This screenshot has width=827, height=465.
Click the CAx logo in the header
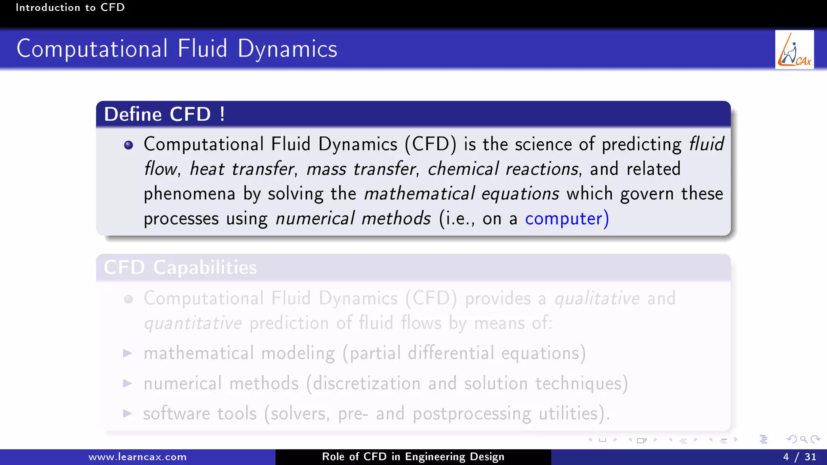point(794,50)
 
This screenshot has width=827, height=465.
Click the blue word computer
point(564,219)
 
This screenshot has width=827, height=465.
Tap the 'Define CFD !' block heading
point(164,114)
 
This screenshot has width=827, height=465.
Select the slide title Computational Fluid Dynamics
point(177,49)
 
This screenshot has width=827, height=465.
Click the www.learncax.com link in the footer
point(138,457)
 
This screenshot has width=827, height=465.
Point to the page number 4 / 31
point(800,457)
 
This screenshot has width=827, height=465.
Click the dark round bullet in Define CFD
point(128,145)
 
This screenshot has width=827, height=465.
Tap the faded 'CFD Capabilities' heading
point(180,268)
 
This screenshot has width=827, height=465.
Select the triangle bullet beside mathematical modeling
point(128,354)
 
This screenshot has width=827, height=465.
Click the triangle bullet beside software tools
point(128,413)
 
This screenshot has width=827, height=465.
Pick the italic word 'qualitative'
point(597,299)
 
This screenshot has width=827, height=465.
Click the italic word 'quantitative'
point(193,323)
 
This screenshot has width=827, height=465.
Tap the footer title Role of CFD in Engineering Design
point(413,457)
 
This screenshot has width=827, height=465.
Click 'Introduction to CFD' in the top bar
point(70,7)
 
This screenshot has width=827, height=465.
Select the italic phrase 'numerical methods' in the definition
point(353,219)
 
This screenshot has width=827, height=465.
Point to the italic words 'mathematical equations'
point(462,194)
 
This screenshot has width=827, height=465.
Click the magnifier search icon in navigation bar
point(804,440)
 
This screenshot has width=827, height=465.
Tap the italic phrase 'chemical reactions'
point(503,169)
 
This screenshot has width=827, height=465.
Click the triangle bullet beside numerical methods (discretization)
point(128,383)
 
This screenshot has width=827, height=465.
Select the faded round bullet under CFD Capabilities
point(128,299)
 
